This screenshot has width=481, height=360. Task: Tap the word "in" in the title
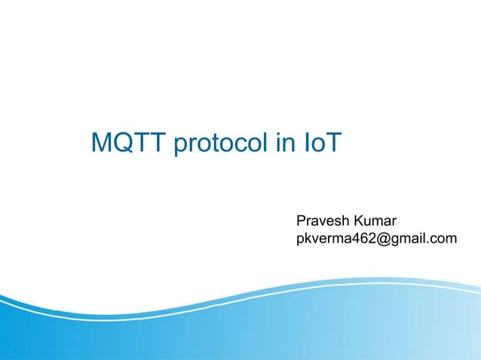tap(284, 142)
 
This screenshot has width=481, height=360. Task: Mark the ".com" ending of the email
tap(443, 239)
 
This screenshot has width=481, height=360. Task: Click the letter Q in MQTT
tap(126, 142)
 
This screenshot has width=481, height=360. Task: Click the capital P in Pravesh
tap(302, 221)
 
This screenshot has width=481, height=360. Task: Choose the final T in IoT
tap(333, 142)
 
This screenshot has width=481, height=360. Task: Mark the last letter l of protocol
tap(268, 142)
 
